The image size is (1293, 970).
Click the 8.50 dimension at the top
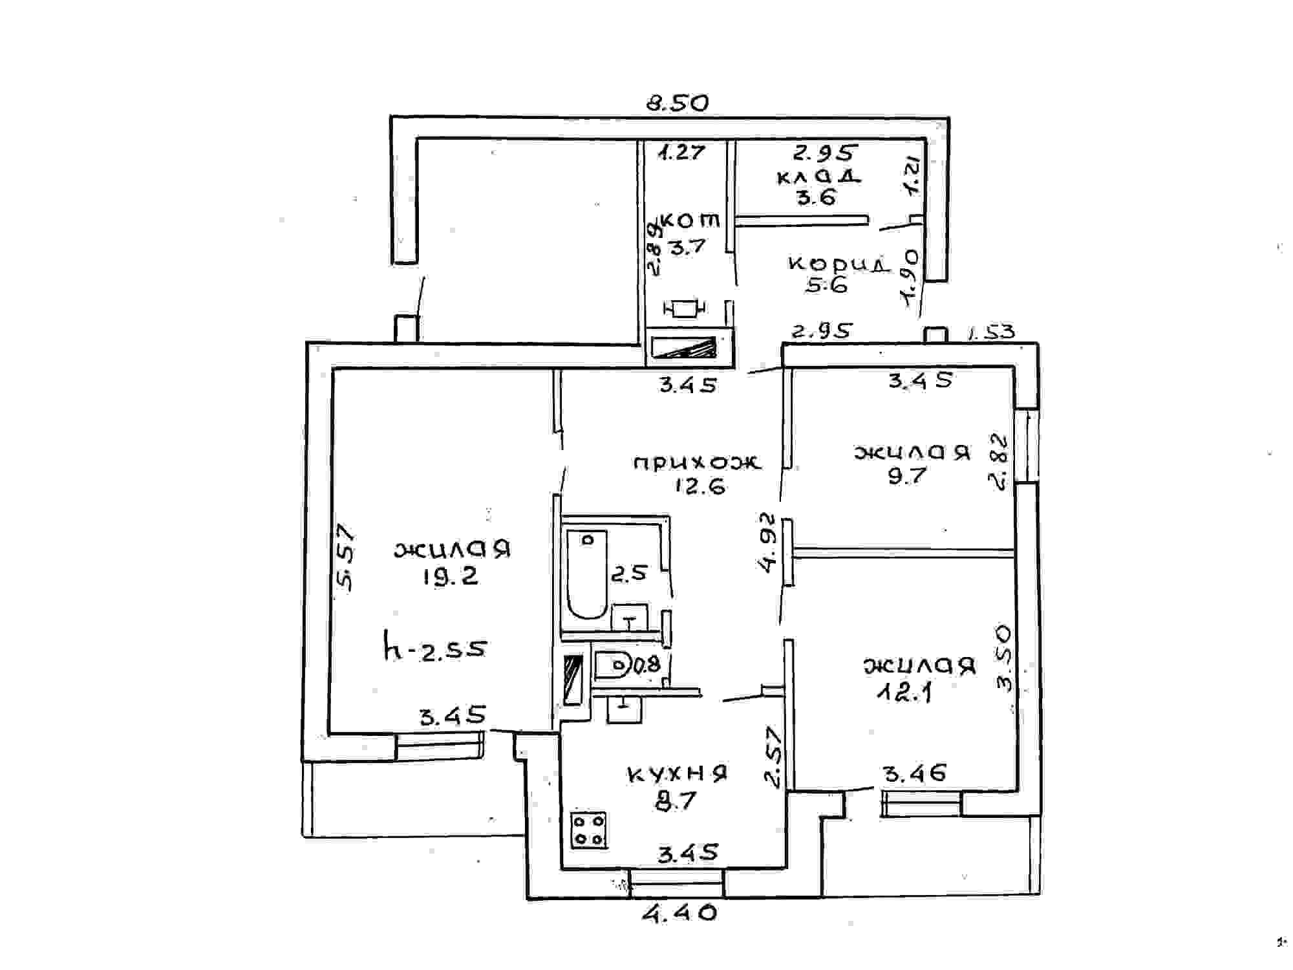678,103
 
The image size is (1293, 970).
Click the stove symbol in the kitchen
588,830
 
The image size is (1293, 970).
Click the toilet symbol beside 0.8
611,665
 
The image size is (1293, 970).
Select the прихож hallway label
697,462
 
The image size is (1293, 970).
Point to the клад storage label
818,176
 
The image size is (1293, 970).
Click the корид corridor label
839,264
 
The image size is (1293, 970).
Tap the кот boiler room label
690,221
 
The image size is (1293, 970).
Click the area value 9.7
907,476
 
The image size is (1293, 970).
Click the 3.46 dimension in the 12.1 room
915,773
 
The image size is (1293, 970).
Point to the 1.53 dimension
991,332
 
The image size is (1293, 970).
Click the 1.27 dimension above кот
681,152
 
